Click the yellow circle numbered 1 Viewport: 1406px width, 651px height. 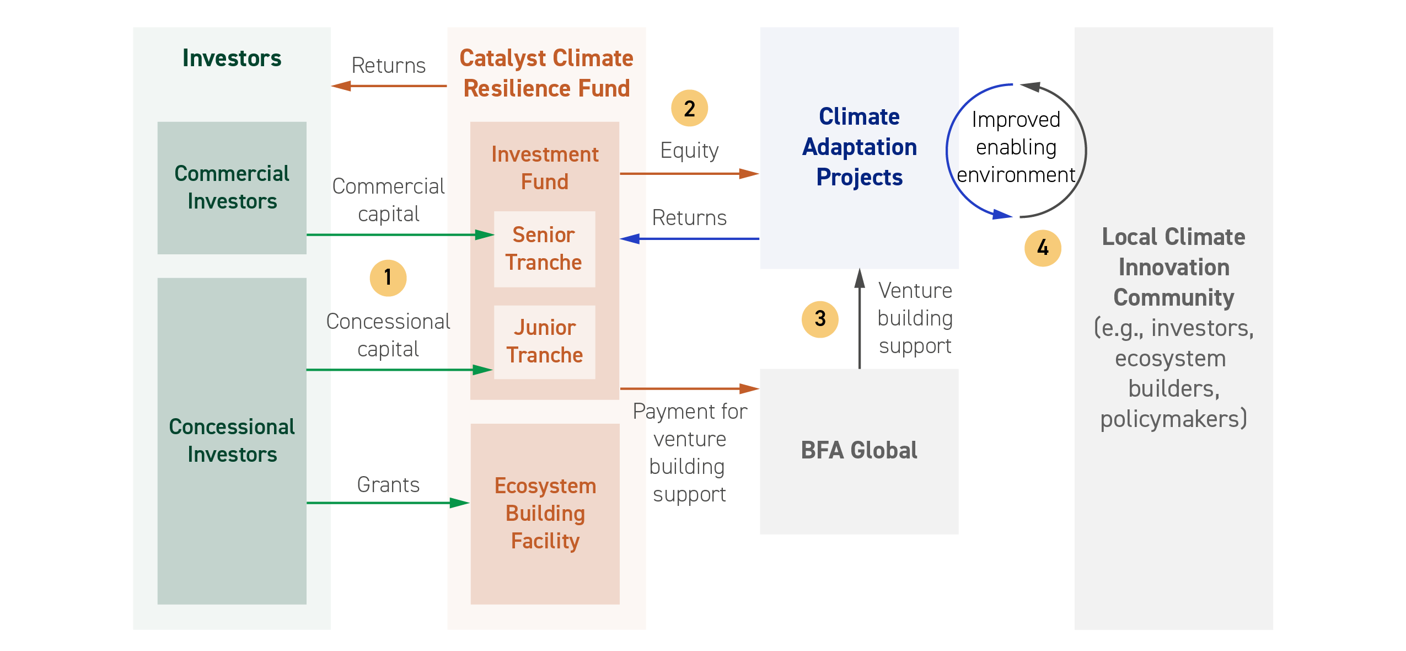pyautogui.click(x=388, y=278)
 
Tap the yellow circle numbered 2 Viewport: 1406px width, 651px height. pyautogui.click(x=689, y=108)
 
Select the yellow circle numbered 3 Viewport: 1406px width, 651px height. pyautogui.click(x=820, y=319)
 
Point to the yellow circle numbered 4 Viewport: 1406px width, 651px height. pyautogui.click(x=1043, y=248)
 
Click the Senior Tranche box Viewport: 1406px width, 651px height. pyautogui.click(x=544, y=249)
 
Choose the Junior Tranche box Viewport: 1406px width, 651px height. pyautogui.click(x=544, y=342)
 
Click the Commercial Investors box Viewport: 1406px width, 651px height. pyautogui.click(x=232, y=188)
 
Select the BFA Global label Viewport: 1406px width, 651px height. pyautogui.click(x=859, y=450)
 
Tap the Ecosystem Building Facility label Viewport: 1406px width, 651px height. pyautogui.click(x=545, y=513)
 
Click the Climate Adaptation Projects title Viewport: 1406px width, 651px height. pyautogui.click(x=860, y=147)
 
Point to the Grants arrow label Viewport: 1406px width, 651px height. pyautogui.click(x=388, y=484)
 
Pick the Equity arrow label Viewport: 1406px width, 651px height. pyautogui.click(x=689, y=151)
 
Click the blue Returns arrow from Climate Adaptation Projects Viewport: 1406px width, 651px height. pyautogui.click(x=690, y=239)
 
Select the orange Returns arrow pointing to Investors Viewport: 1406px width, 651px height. pyautogui.click(x=389, y=86)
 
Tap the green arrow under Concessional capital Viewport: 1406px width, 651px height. pyautogui.click(x=400, y=370)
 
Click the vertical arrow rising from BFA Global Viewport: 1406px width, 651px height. pyautogui.click(x=860, y=318)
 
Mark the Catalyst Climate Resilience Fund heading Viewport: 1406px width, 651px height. pyautogui.click(x=546, y=73)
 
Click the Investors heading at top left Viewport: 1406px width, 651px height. pyautogui.click(x=232, y=58)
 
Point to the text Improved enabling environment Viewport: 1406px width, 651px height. pyautogui.click(x=1016, y=147)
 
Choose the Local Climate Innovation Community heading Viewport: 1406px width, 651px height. pyautogui.click(x=1174, y=267)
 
